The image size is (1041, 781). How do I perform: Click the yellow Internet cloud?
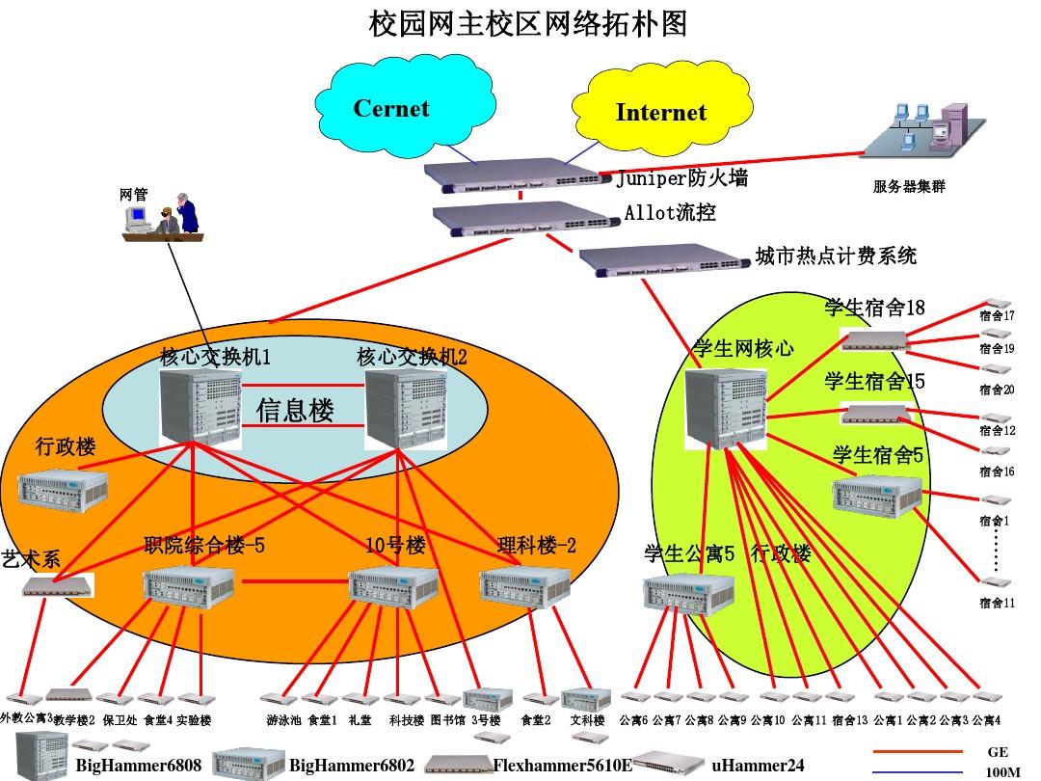pyautogui.click(x=660, y=113)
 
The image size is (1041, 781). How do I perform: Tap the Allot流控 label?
pyautogui.click(x=670, y=212)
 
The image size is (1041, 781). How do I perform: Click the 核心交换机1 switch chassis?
pyautogui.click(x=200, y=407)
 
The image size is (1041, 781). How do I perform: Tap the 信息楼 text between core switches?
pyautogui.click(x=295, y=411)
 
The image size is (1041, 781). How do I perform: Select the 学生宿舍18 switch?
pyautogui.click(x=875, y=338)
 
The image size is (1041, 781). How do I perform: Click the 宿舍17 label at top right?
pyautogui.click(x=997, y=316)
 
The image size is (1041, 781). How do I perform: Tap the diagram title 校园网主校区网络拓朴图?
pyautogui.click(x=529, y=24)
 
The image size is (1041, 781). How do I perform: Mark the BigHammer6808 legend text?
pyautogui.click(x=139, y=766)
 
